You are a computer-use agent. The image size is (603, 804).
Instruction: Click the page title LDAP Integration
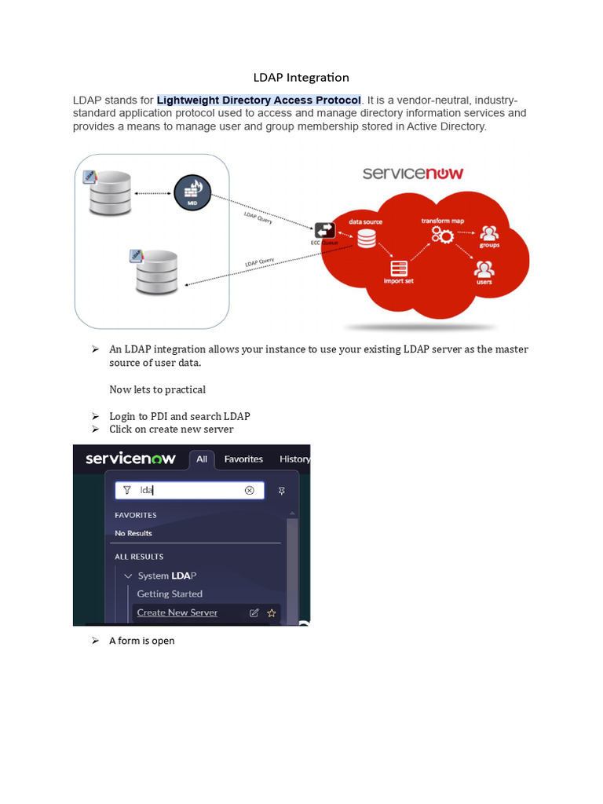(x=301, y=78)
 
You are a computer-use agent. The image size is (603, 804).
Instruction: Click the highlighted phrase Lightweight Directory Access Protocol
(x=259, y=100)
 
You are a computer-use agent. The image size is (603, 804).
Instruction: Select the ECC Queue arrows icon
(x=324, y=230)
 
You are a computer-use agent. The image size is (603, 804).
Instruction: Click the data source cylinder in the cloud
(x=367, y=238)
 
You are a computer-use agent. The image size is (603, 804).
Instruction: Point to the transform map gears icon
(x=442, y=236)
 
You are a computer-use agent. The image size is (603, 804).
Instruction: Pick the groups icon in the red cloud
(x=489, y=233)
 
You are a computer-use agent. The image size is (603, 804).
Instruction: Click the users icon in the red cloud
(x=484, y=269)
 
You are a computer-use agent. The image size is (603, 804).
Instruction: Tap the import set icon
(x=399, y=268)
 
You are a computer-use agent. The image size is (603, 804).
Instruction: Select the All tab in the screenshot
(x=202, y=459)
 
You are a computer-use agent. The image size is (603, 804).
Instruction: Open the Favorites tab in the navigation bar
(x=243, y=459)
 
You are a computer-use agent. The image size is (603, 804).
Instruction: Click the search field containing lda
(x=188, y=490)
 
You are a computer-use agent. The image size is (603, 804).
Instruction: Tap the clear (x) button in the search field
(x=250, y=490)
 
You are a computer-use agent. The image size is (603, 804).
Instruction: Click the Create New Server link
(x=177, y=612)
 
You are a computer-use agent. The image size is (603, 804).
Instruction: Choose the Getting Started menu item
(x=170, y=594)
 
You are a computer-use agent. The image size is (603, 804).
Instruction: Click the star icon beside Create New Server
(x=272, y=612)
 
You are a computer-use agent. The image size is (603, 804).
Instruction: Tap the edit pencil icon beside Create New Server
(x=254, y=612)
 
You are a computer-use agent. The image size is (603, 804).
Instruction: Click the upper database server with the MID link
(x=110, y=194)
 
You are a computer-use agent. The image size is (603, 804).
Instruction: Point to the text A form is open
(x=141, y=641)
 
